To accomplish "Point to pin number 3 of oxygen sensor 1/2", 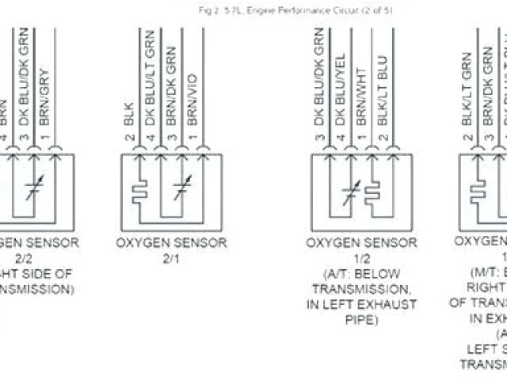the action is (x=321, y=139).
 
